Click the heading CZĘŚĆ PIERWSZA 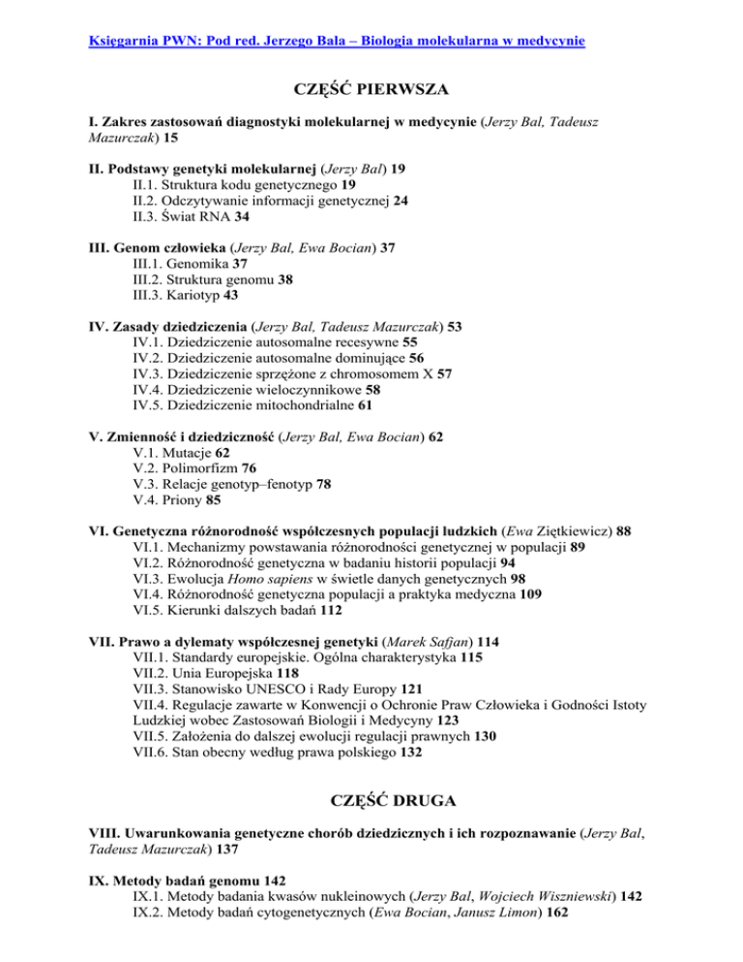click(371, 92)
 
